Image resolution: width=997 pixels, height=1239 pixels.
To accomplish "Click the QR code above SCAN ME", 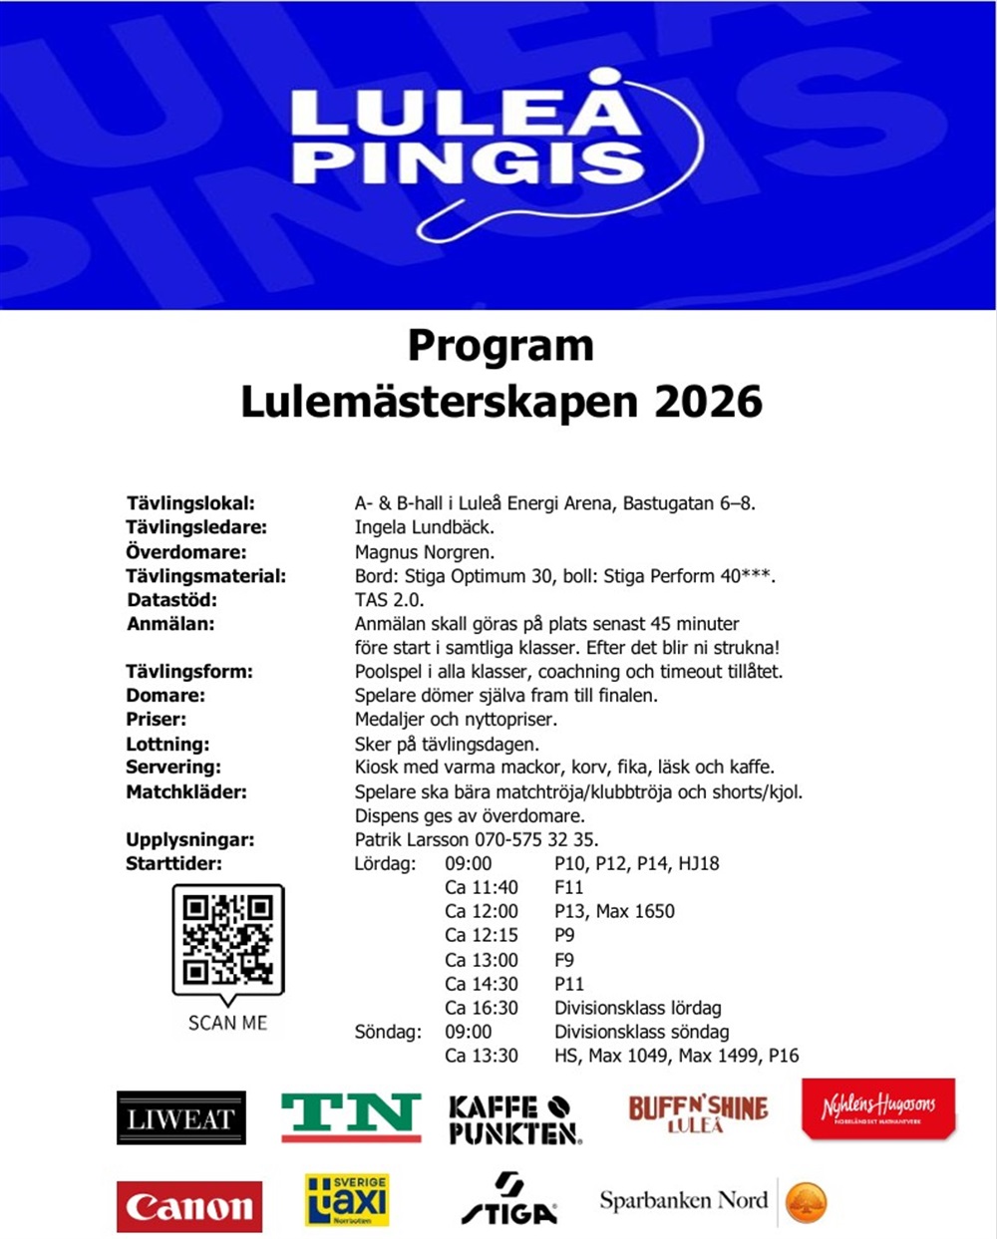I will coord(228,939).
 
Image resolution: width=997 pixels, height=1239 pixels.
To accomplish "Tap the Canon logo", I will coord(189,1206).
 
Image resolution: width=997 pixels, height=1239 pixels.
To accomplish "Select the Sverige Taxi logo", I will coord(347,1201).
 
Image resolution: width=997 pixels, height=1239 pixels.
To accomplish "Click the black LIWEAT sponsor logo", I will coord(180,1117).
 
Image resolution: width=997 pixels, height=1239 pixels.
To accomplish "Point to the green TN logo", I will coord(351,1116).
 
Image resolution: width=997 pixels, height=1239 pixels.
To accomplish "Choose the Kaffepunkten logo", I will coord(514,1119).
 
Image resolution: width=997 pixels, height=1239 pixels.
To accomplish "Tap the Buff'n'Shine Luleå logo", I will coord(698,1112).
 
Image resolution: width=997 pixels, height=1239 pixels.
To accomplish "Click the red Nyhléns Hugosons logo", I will coord(878,1108).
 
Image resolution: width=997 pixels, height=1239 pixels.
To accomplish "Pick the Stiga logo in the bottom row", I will coord(509,1199).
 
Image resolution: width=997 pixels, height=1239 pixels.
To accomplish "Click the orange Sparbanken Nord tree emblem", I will coord(806,1202).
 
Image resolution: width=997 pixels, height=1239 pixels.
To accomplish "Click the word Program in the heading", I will coord(500,346).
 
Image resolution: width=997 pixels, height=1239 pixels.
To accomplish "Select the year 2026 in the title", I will coord(708,402).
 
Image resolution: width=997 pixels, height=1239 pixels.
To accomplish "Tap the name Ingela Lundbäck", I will coord(425,527).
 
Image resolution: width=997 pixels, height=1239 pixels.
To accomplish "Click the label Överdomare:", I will coord(185,552).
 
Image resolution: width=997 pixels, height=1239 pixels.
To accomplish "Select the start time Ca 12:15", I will coord(482,935).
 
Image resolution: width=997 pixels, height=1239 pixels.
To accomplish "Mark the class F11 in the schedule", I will coord(569,887).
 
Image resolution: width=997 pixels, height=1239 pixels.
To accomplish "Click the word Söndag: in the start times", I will coord(388,1032).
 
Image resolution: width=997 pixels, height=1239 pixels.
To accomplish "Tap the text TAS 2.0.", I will coord(389,600).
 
